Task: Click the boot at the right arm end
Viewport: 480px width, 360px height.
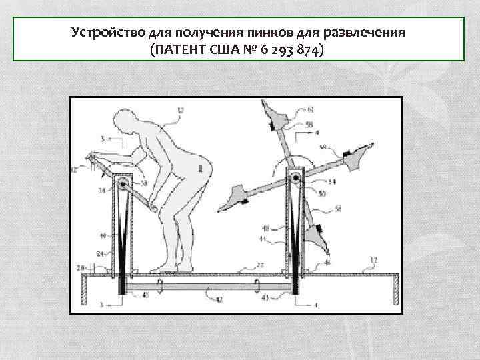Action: [x=361, y=155]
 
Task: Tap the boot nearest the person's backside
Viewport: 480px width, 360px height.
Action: [x=234, y=197]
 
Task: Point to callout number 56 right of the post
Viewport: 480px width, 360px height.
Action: [x=338, y=209]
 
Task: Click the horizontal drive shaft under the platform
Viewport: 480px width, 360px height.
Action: [x=207, y=288]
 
